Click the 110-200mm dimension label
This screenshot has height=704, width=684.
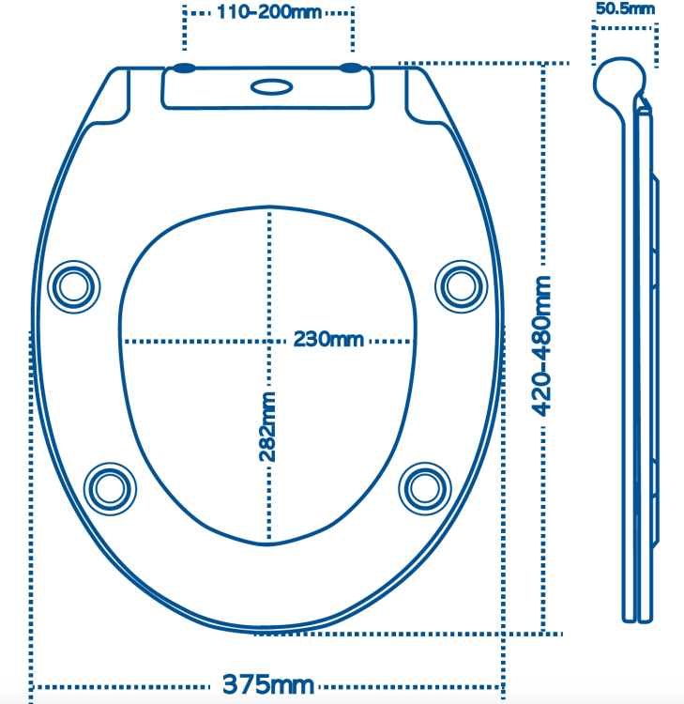269,12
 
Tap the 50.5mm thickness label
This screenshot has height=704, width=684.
625,8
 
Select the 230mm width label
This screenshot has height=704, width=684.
328,340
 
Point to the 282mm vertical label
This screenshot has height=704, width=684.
267,427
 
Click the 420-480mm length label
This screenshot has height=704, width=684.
541,346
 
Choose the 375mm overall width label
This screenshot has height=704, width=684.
268,684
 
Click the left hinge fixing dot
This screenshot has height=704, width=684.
184,69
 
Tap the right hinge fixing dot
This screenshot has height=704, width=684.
351,69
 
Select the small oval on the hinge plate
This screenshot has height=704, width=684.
271,87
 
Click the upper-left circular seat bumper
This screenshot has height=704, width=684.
73,287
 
